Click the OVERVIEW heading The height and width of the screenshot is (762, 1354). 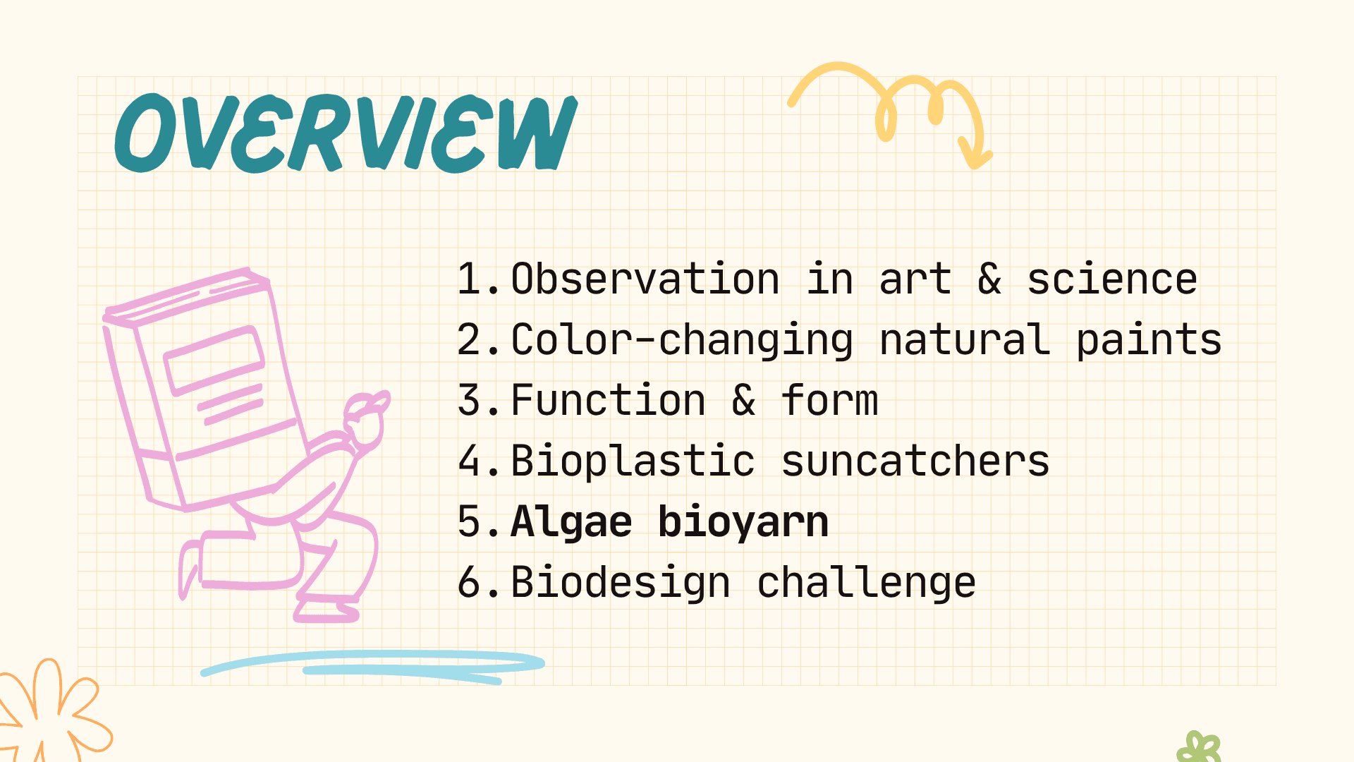coord(346,133)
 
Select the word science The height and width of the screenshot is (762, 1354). coord(1112,279)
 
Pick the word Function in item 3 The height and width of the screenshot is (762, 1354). coord(608,400)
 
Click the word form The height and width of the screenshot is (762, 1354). coord(829,400)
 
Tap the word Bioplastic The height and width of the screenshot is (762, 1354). coord(633,462)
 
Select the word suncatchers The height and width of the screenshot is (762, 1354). coord(915,461)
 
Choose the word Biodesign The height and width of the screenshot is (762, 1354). coord(620,583)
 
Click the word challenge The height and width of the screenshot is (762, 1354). coord(866,583)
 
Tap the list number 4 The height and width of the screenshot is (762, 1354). coord(470,461)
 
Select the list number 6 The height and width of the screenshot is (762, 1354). coord(470,582)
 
